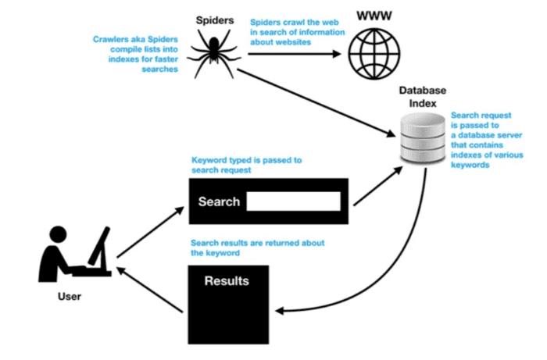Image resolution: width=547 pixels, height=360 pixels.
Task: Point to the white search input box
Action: [x=294, y=201]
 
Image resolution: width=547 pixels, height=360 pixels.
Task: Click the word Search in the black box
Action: [x=219, y=202]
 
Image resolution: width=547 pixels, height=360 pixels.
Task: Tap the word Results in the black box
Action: [x=227, y=280]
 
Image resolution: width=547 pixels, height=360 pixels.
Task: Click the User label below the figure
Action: [x=69, y=297]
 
